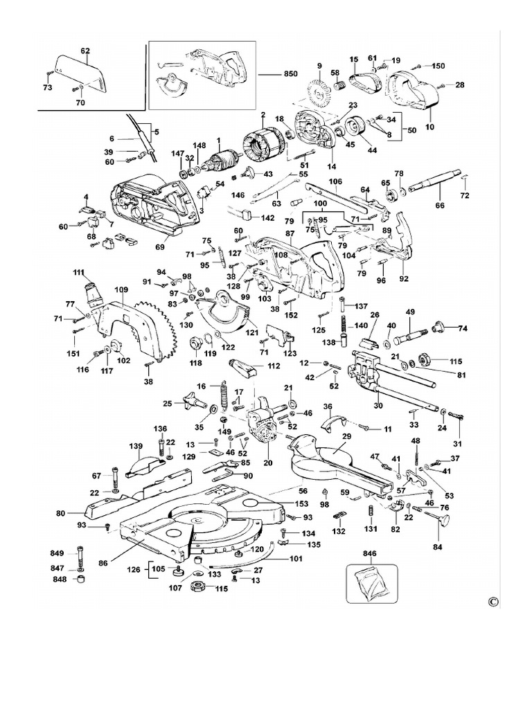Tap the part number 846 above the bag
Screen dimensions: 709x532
pos(372,555)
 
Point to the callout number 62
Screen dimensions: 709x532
pos(86,51)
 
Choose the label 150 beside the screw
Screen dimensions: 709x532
pos(438,66)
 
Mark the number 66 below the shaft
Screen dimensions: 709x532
pos(439,206)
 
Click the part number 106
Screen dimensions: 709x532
pos(336,182)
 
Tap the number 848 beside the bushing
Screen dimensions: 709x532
pos(57,579)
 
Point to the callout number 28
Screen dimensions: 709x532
pos(459,85)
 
